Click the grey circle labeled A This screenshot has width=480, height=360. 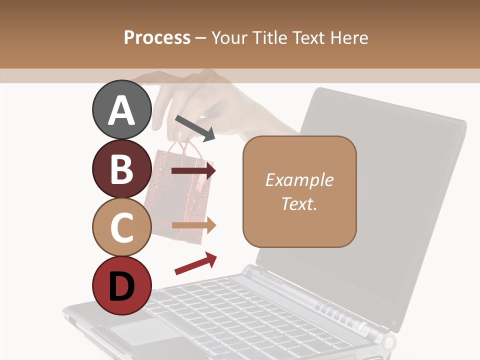[122, 109]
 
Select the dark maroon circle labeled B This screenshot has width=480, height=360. [122, 168]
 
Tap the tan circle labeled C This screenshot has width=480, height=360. [122, 227]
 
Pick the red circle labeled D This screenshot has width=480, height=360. [122, 285]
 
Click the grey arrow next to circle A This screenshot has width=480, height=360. [195, 128]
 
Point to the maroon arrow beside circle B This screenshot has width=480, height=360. [193, 171]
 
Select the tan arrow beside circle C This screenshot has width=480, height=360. [193, 225]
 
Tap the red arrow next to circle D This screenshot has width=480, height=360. [195, 263]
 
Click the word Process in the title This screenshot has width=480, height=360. [157, 38]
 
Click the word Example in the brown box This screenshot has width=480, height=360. [299, 180]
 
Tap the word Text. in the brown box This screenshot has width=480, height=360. [299, 203]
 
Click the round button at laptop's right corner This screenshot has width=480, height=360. [388, 342]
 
